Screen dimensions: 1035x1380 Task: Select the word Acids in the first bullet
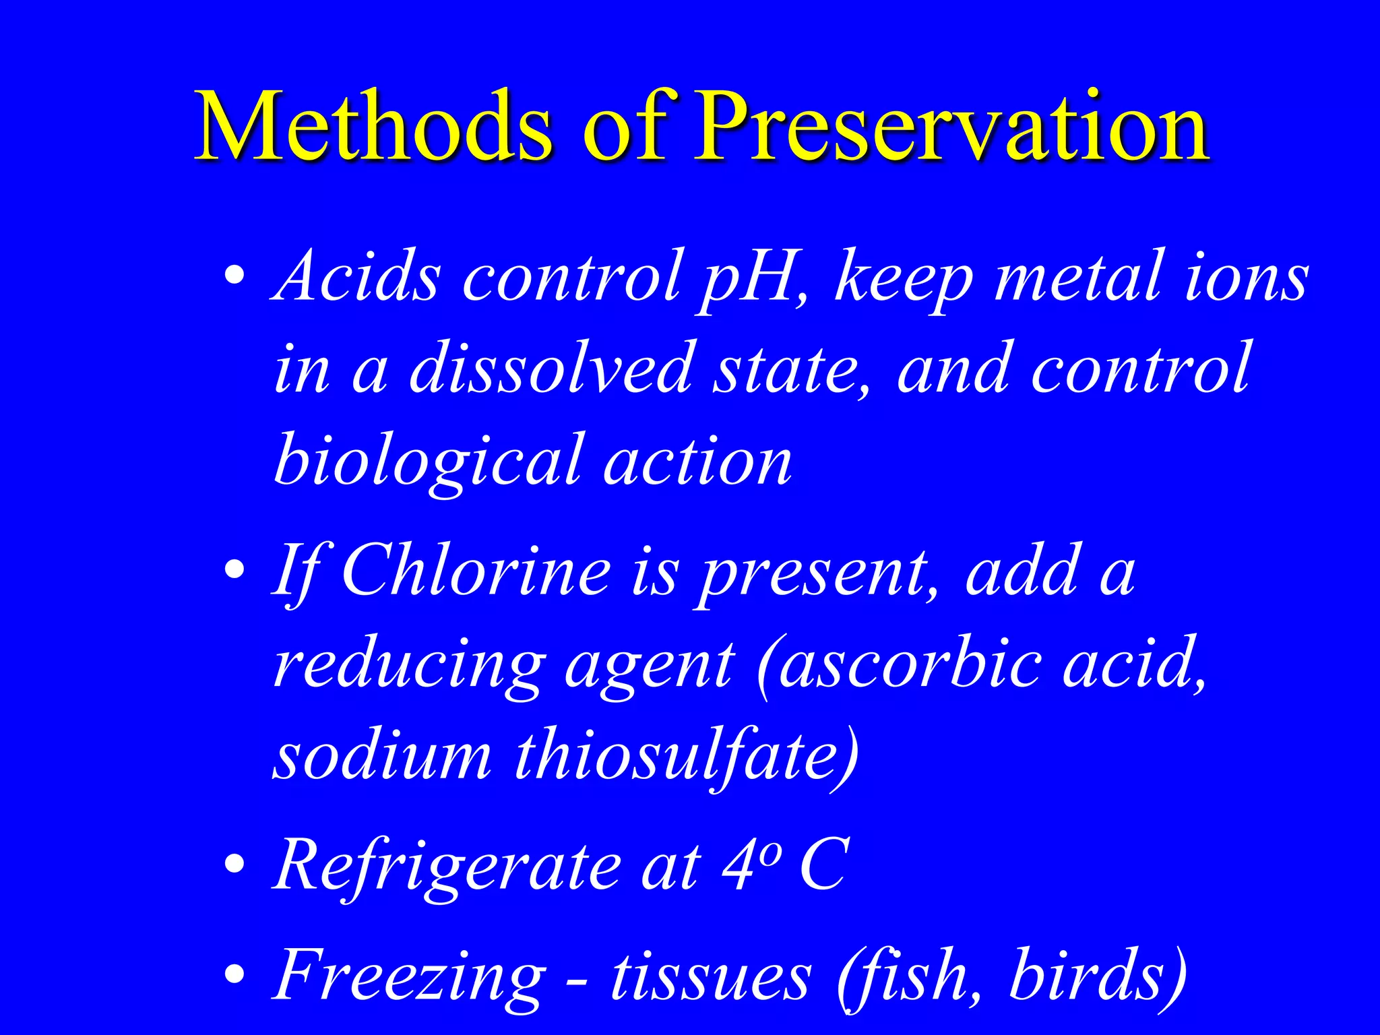(358, 277)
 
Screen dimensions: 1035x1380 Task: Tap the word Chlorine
(476, 572)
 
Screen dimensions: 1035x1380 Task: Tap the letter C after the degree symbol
(822, 865)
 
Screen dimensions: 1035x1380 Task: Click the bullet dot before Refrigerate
(234, 864)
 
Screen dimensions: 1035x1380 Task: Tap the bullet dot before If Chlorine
(234, 570)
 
